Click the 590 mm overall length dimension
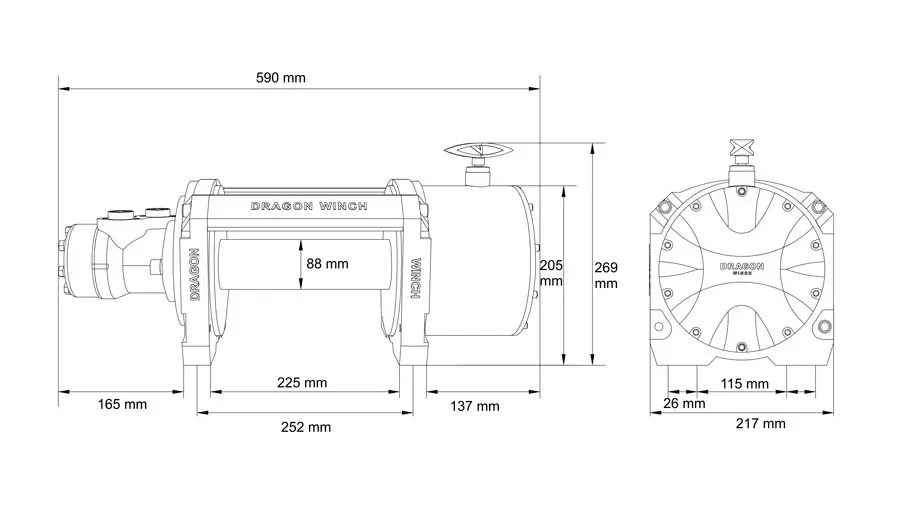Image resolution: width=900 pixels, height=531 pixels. click(281, 77)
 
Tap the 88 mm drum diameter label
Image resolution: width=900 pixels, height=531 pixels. click(327, 264)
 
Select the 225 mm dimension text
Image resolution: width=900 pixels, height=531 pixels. click(302, 382)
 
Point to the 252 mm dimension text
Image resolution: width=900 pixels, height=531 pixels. click(306, 427)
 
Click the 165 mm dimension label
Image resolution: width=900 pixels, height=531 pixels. click(122, 405)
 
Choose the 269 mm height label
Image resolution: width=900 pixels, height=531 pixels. click(607, 275)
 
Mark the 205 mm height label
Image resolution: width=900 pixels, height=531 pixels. click(551, 273)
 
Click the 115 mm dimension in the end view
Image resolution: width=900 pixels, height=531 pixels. click(744, 384)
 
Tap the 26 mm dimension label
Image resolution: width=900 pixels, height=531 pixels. click(684, 404)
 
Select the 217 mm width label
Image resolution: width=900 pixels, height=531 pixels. click(760, 424)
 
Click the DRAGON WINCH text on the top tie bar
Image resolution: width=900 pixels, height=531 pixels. click(308, 206)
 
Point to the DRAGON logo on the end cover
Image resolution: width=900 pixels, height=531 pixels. click(742, 268)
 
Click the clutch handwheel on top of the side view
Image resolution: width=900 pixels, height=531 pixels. click(479, 154)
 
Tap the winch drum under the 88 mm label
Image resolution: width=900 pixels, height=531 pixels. click(260, 290)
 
